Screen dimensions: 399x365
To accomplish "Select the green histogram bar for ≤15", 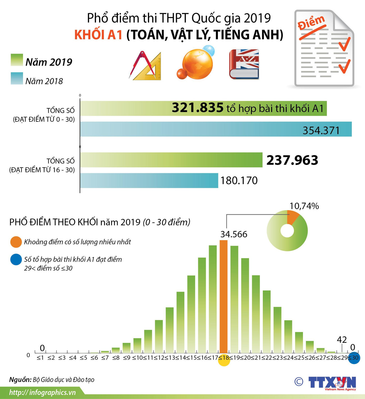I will (x=191, y=314).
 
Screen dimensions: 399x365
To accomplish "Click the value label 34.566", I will (x=234, y=234).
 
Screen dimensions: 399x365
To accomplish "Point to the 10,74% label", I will (x=304, y=206).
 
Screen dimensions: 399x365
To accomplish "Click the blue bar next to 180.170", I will (x=149, y=180).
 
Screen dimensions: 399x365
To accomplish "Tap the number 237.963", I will (x=292, y=160).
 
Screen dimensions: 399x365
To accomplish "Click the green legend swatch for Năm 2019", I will (x=17, y=60).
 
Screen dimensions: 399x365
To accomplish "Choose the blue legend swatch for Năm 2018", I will (x=17, y=78).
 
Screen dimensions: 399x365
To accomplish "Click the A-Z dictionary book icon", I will (x=244, y=64).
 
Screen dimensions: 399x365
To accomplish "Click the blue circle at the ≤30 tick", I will (x=354, y=358).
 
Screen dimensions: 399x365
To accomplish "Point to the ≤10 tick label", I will (x=137, y=358).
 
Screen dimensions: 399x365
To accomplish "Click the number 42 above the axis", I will (x=342, y=340).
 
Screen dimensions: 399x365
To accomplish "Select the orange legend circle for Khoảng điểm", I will (x=16, y=242).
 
